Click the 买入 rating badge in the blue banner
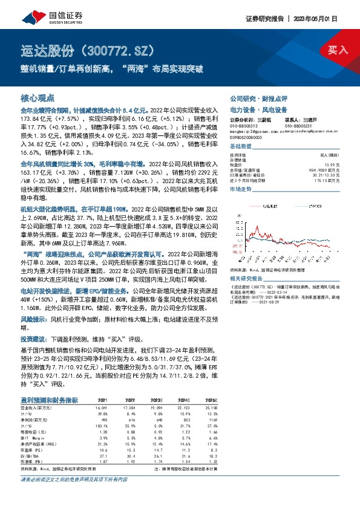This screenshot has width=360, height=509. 337,50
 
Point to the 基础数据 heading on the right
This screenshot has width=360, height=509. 241,148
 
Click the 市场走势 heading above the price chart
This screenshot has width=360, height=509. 241,190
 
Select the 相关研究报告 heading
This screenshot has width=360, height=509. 246,261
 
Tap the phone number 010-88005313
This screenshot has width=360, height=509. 243,125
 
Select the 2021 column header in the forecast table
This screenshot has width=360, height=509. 85,400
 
